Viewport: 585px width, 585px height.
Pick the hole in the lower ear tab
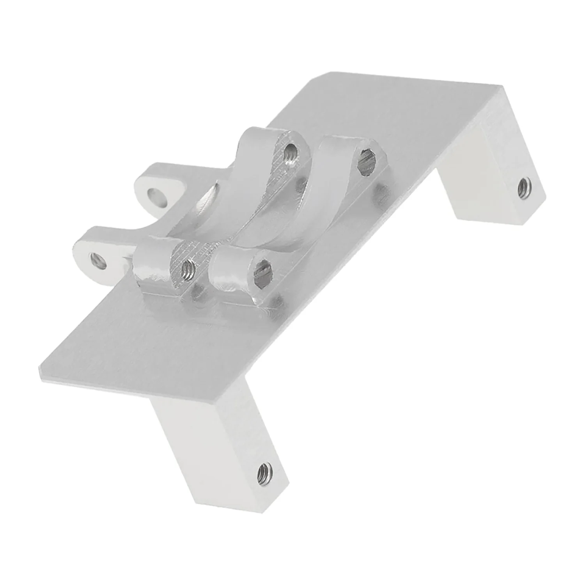[x=99, y=259]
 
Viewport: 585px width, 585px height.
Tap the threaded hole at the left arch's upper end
[x=289, y=151]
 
